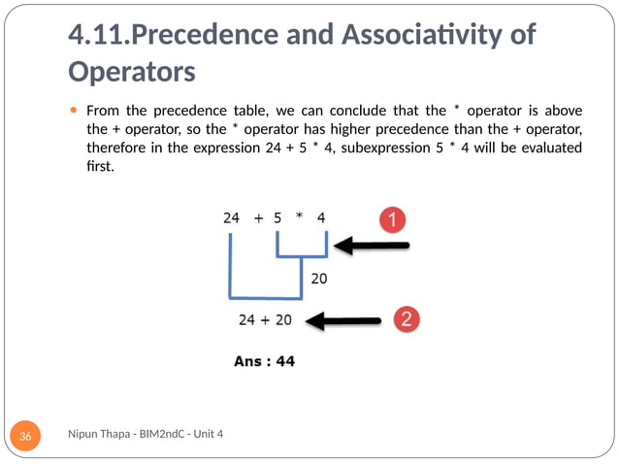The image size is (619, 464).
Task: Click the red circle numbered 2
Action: [408, 318]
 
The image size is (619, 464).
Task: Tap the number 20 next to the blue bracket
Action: [318, 280]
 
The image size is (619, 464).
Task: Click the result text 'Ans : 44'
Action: [265, 361]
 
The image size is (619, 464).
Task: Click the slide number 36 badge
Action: [25, 438]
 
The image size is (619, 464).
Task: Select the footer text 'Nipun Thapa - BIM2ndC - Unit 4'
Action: [147, 433]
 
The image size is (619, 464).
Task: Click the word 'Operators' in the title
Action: [132, 73]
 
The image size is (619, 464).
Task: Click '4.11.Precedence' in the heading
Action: [150, 36]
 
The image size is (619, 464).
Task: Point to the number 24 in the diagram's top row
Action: [231, 218]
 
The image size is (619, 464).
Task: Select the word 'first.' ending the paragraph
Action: [101, 168]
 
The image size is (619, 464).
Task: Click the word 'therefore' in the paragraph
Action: [116, 149]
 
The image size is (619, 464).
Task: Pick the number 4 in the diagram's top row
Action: [321, 218]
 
